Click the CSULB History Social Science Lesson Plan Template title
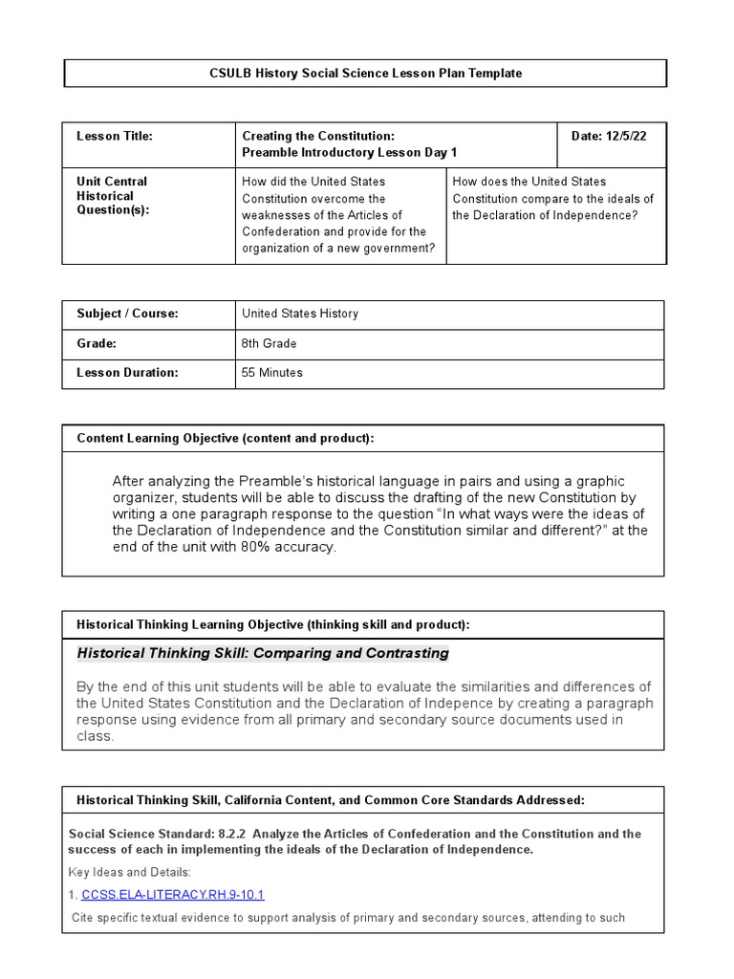tap(365, 74)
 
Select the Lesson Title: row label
tap(115, 137)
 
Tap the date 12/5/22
tap(609, 137)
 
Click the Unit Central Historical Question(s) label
tap(113, 196)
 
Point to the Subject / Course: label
tap(127, 314)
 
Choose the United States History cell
tap(300, 314)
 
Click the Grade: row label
tap(97, 343)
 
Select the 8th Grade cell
tap(270, 343)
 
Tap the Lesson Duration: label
tap(127, 373)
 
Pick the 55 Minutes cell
tap(272, 373)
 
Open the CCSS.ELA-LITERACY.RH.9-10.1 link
tap(173, 895)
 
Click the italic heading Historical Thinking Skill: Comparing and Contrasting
tap(263, 653)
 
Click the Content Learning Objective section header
tap(226, 438)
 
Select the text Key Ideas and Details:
tap(130, 872)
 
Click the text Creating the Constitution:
tap(318, 137)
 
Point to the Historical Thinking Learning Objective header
tap(273, 624)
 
